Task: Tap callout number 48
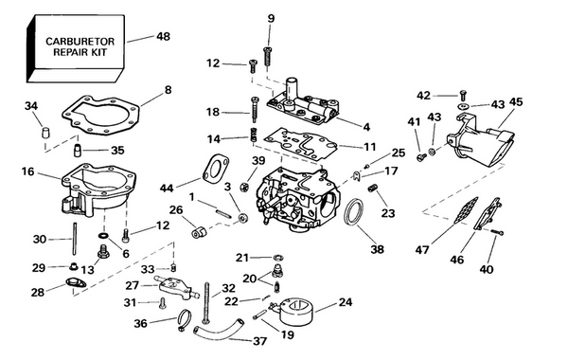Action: coord(163,37)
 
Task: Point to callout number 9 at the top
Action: coord(271,19)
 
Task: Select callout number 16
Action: coord(27,171)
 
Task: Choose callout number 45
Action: coord(515,102)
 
